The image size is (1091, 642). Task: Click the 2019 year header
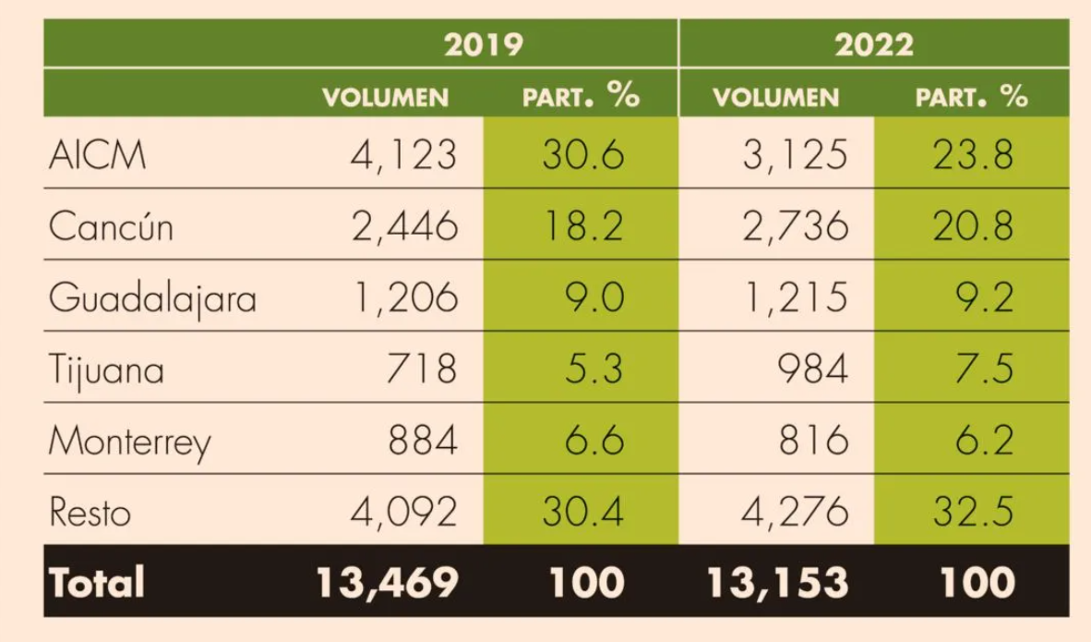pos(484,44)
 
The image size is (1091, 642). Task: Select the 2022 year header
pos(874,44)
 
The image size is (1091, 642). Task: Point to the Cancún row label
pos(111,226)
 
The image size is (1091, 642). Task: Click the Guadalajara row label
pos(152,298)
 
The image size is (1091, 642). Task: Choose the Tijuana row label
pos(106,369)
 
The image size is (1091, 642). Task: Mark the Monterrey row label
pos(129,442)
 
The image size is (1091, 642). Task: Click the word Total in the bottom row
pos(97,583)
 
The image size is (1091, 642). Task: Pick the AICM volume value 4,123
pos(403,154)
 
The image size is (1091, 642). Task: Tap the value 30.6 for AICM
pos(582,154)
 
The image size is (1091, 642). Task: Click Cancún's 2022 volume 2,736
pos(796,226)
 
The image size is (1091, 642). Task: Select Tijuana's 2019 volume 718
pos(421,369)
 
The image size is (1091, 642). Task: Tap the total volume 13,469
pos(387,583)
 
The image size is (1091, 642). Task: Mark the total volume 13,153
pos(777,583)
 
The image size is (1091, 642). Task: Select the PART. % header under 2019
pos(581,96)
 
